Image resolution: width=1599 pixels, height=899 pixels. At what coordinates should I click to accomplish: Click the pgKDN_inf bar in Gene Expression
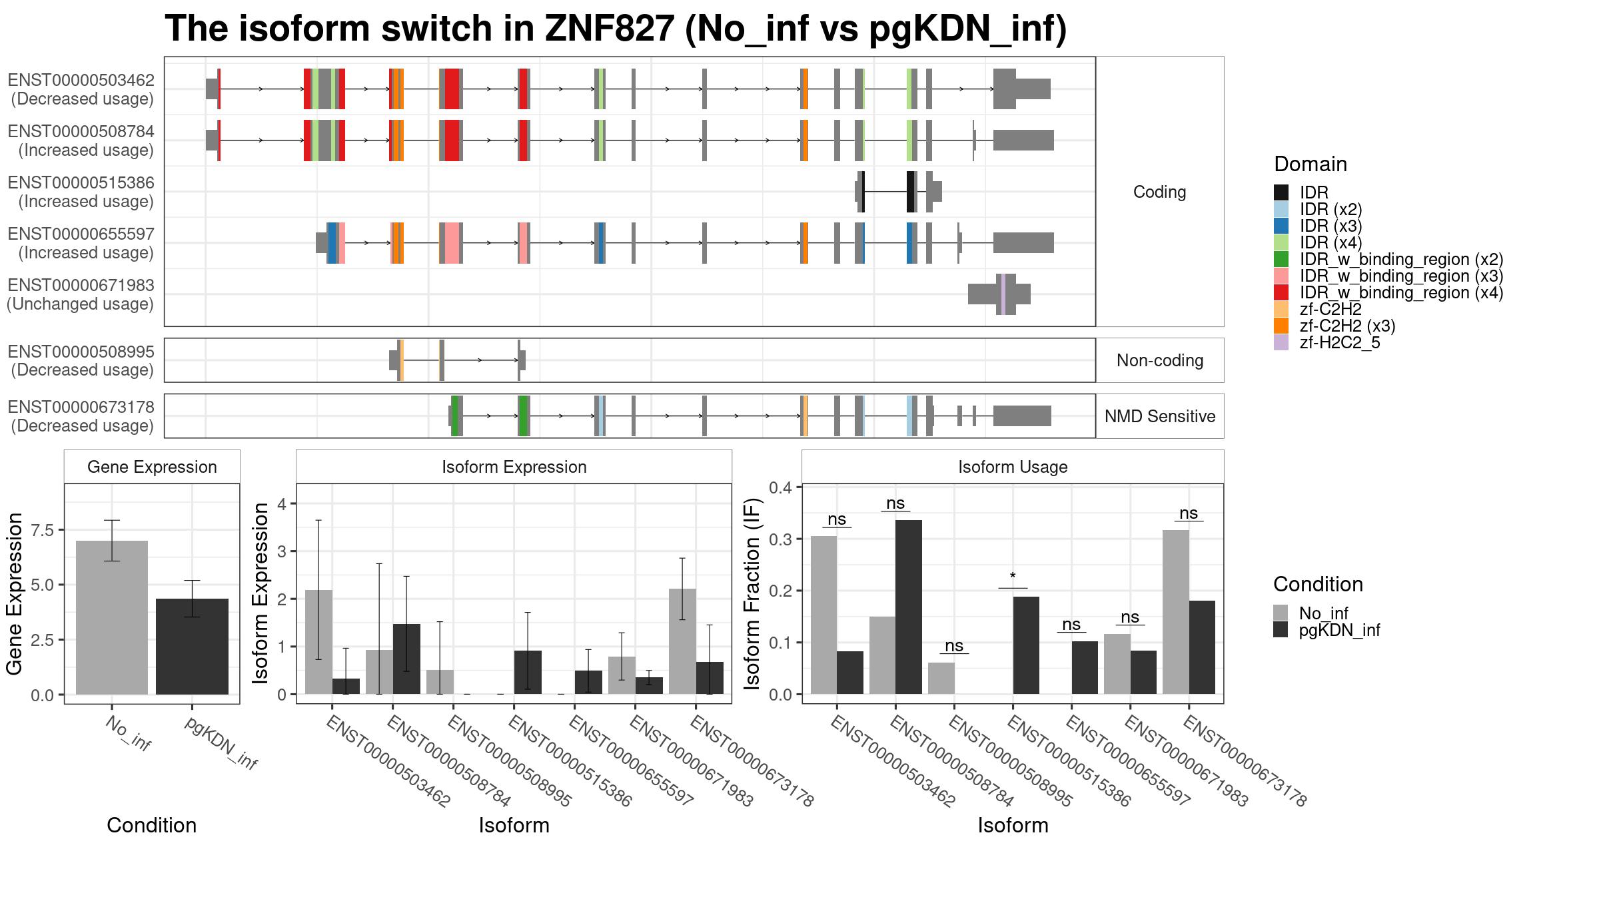192,647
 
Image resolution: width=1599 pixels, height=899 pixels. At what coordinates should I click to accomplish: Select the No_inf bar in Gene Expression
112,617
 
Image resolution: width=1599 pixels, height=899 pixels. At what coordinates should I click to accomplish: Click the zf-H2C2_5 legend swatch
1281,343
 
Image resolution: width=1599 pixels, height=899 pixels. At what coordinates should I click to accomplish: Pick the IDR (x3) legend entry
1319,226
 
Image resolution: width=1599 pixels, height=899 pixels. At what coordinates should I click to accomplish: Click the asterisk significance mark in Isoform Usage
1013,577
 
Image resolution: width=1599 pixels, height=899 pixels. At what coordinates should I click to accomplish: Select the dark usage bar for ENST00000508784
909,607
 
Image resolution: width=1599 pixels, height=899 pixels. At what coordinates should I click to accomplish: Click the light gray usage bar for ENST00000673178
1176,612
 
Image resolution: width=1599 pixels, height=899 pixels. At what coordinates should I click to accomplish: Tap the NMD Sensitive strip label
1160,416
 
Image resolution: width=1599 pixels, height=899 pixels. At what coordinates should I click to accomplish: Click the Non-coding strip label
1160,360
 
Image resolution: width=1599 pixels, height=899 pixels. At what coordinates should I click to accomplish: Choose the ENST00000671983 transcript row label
81,294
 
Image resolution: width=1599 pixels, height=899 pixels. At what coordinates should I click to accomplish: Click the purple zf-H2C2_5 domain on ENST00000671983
1003,294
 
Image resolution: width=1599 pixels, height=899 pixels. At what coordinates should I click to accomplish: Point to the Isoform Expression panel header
514,467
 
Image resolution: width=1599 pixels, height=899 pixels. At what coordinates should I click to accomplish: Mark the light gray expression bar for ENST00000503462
318,642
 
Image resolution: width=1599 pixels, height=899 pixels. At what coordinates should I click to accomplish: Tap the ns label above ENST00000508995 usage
954,645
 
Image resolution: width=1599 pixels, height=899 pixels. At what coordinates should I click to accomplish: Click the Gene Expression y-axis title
15,594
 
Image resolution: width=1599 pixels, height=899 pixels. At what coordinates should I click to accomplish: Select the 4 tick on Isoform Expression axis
282,504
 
